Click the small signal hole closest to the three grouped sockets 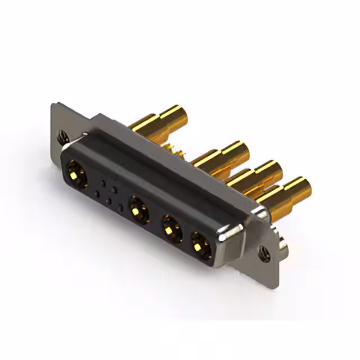point(120,207)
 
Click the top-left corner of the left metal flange point(54,104)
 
